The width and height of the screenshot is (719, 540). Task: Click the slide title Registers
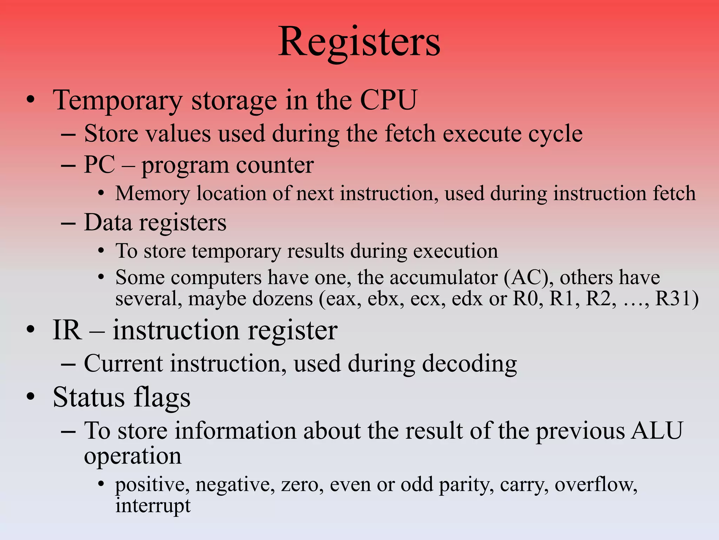(x=359, y=42)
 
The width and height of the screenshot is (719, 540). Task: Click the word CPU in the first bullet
(x=388, y=100)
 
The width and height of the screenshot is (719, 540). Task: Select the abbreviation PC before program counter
(x=99, y=165)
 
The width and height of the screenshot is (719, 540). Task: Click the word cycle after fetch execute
(x=555, y=134)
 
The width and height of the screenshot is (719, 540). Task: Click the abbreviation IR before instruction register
(x=67, y=330)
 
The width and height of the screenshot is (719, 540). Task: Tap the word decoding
(x=469, y=364)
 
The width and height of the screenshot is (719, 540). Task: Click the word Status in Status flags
(x=89, y=397)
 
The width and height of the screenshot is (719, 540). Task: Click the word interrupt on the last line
(x=153, y=506)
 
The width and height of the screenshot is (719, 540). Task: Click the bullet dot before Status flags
(x=31, y=397)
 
